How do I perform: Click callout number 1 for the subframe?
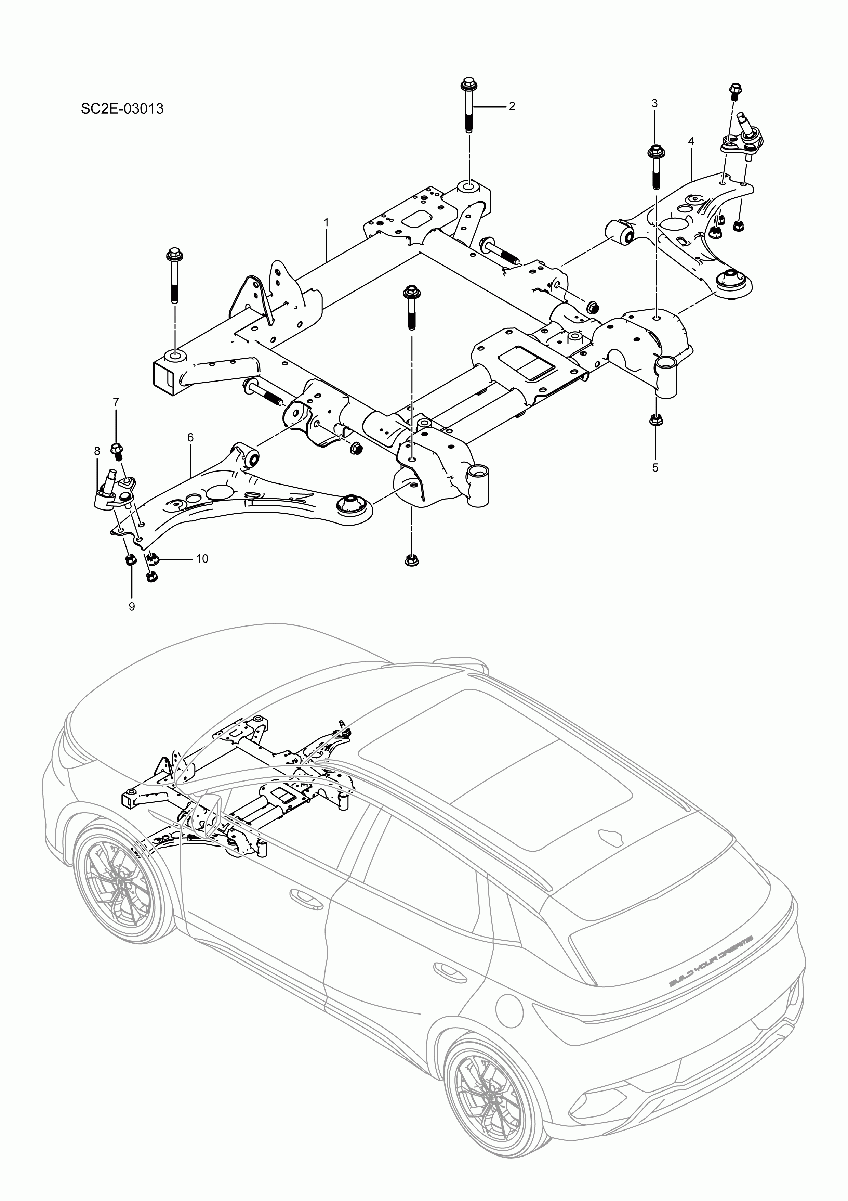[x=327, y=222]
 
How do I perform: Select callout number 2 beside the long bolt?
[x=512, y=106]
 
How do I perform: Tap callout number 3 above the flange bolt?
[x=654, y=104]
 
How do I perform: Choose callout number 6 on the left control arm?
[x=190, y=437]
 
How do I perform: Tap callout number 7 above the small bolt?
[x=116, y=402]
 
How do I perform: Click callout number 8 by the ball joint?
[x=97, y=450]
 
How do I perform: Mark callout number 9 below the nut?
[x=132, y=606]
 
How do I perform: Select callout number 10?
[x=202, y=559]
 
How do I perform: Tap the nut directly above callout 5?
[x=654, y=420]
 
